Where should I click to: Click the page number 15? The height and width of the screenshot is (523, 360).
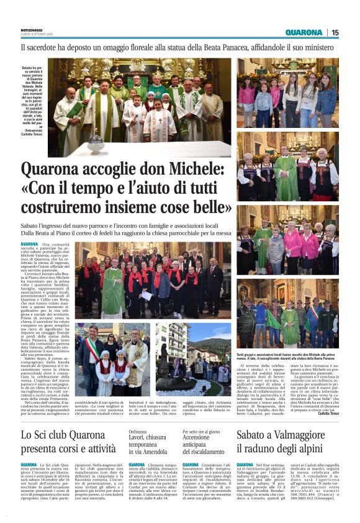tap(335, 32)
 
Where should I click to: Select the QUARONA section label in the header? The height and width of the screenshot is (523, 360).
tap(304, 32)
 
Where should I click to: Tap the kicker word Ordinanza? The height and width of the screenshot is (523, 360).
tap(137, 414)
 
